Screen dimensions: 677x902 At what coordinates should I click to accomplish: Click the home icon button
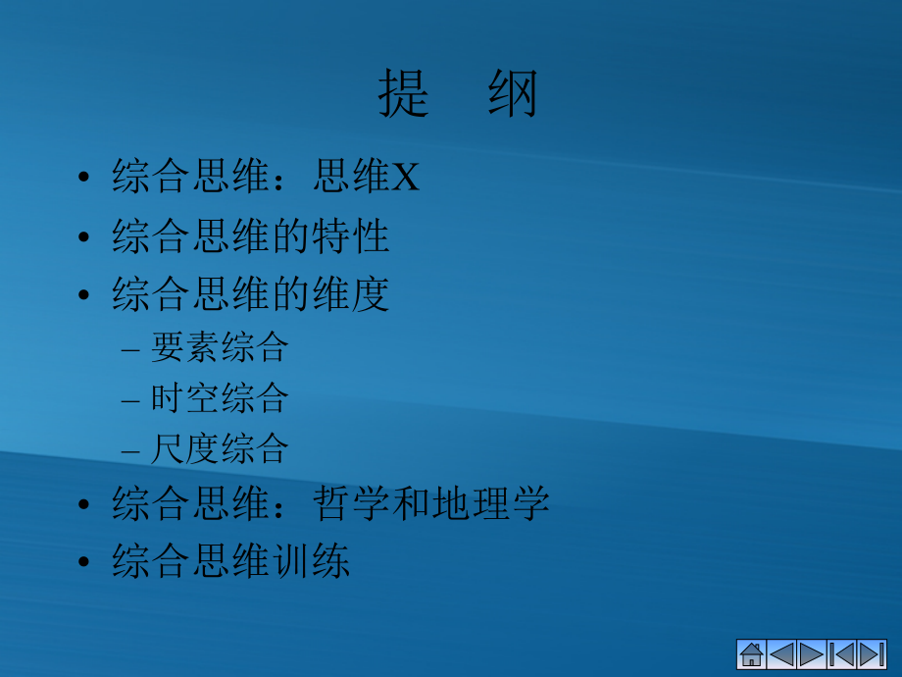coord(752,654)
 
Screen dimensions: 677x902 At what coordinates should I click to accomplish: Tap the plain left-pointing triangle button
coord(781,654)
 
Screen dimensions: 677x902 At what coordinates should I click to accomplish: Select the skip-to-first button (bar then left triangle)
coord(842,654)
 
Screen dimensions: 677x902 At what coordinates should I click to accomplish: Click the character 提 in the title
coord(404,95)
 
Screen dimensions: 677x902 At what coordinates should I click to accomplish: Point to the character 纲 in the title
coord(513,95)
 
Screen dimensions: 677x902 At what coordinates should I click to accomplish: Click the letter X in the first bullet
coord(406,179)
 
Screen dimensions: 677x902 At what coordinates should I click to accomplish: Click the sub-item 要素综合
coord(220,347)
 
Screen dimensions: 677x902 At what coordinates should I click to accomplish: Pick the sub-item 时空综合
coord(220,398)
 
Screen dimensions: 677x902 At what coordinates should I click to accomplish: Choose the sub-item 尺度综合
coord(220,449)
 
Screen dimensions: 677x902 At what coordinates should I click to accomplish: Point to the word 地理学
coord(491,504)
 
